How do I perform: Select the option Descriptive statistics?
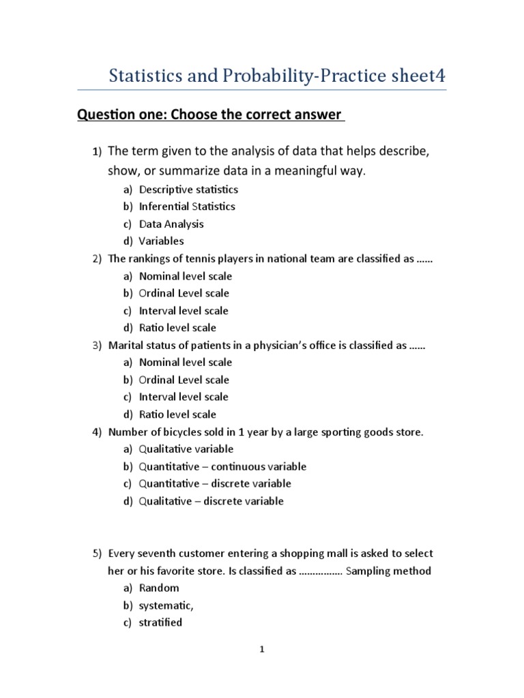click(188, 189)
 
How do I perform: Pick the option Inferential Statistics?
click(187, 207)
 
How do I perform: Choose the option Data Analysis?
click(171, 224)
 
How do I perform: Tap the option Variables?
click(161, 241)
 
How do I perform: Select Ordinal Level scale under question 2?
click(184, 293)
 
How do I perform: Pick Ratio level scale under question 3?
click(177, 414)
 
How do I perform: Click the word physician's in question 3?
click(307, 346)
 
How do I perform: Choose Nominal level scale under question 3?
click(186, 363)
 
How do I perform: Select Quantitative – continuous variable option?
click(222, 467)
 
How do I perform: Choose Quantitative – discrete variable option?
click(215, 484)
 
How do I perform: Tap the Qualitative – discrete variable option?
click(211, 501)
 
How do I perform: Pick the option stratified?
click(160, 622)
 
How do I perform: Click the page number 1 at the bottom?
click(261, 650)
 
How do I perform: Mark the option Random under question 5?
click(159, 588)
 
